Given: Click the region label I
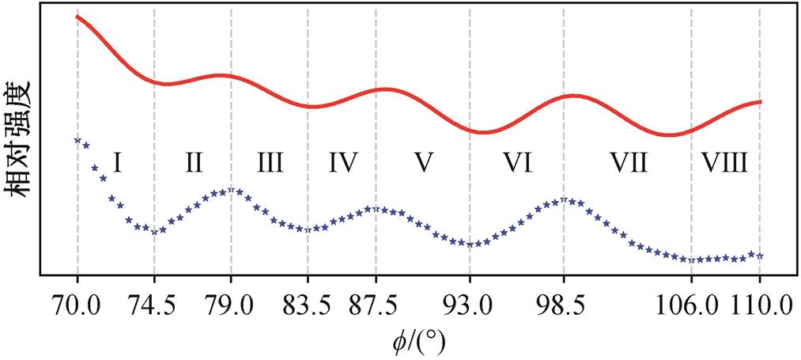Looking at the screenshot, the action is click(x=117, y=163).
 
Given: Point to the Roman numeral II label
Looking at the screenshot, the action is click(x=193, y=163).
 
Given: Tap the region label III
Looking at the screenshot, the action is click(x=269, y=163).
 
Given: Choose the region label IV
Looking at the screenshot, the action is click(x=342, y=163).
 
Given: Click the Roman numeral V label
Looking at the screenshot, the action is click(x=424, y=163).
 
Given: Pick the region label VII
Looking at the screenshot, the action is click(x=628, y=163).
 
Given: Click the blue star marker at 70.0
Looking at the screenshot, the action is click(x=77, y=139).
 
